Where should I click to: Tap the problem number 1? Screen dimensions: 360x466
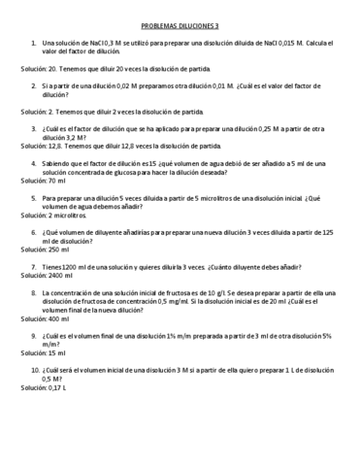tap(33, 44)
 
